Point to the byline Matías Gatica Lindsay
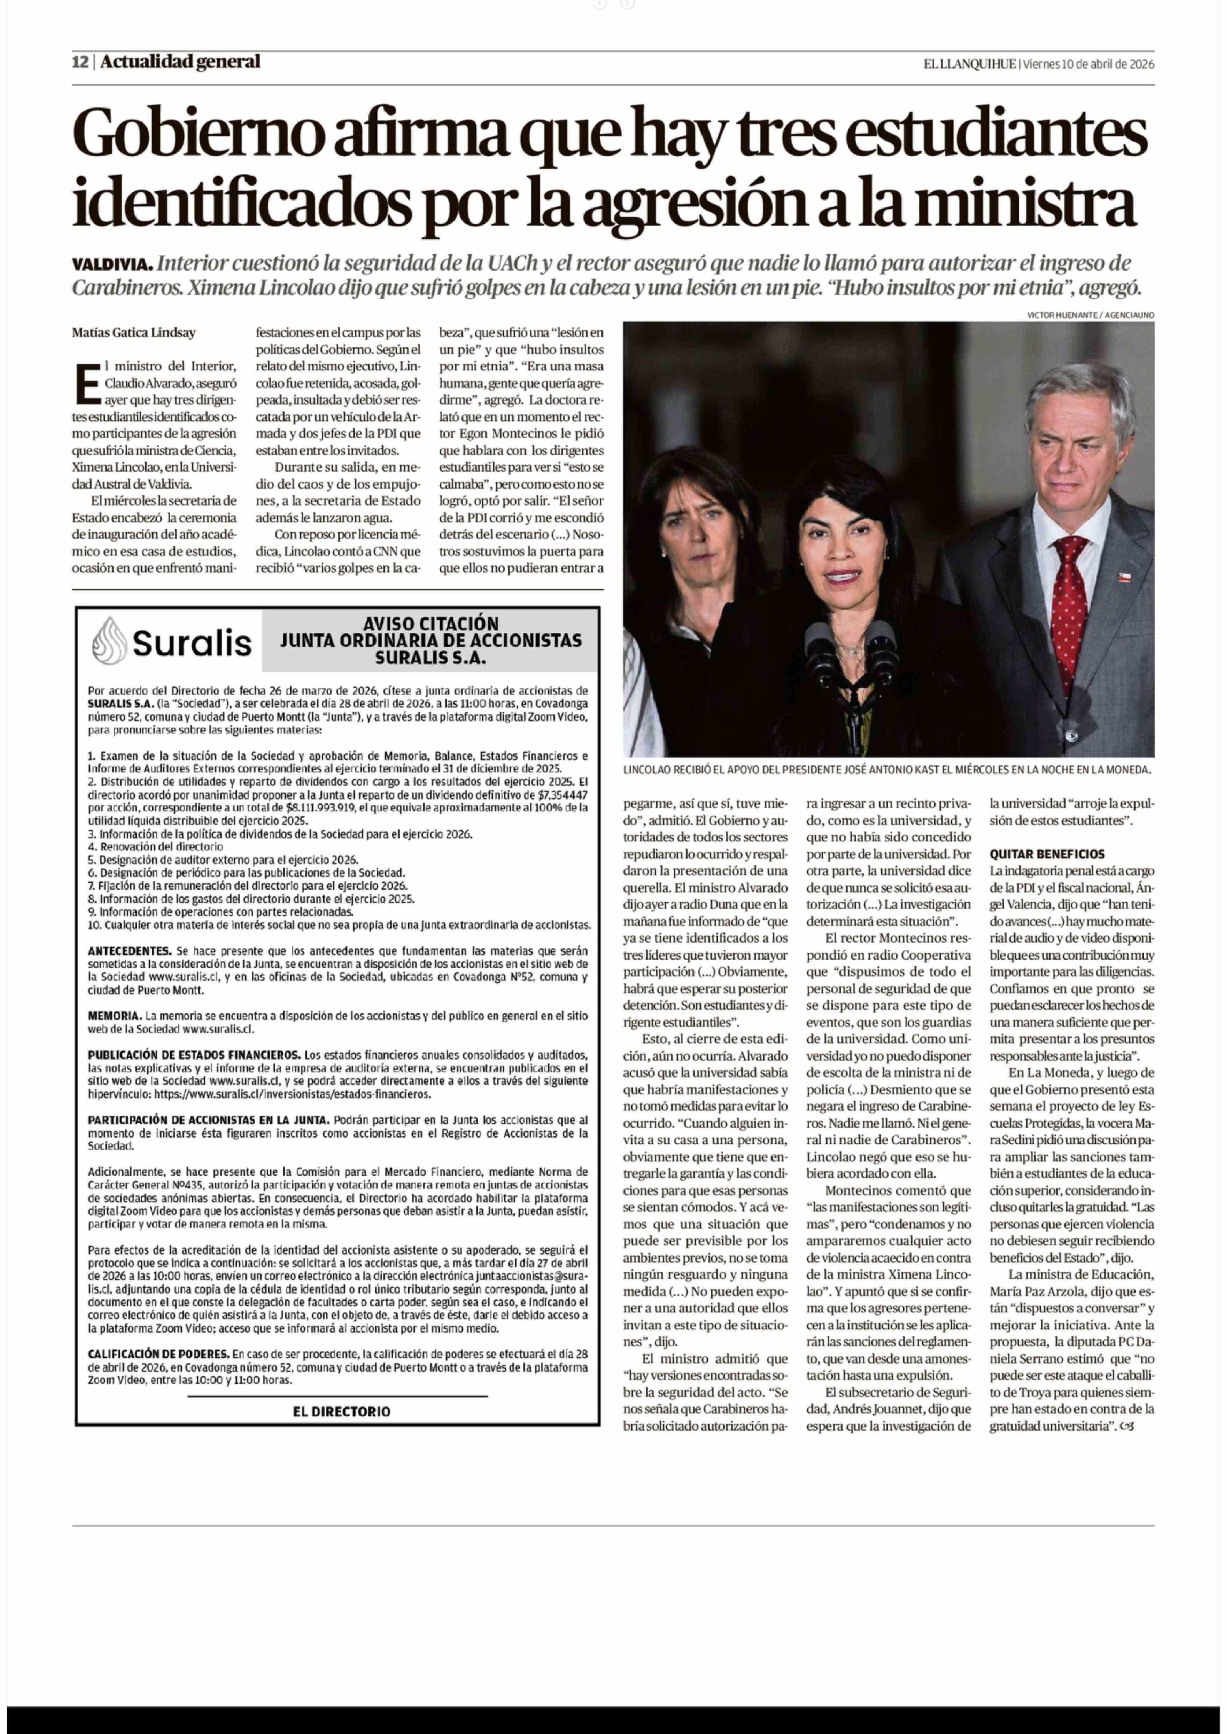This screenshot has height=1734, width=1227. (x=134, y=333)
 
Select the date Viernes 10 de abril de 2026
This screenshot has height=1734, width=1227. (x=1088, y=64)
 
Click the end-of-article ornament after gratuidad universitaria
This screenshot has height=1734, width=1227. (x=1129, y=1427)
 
